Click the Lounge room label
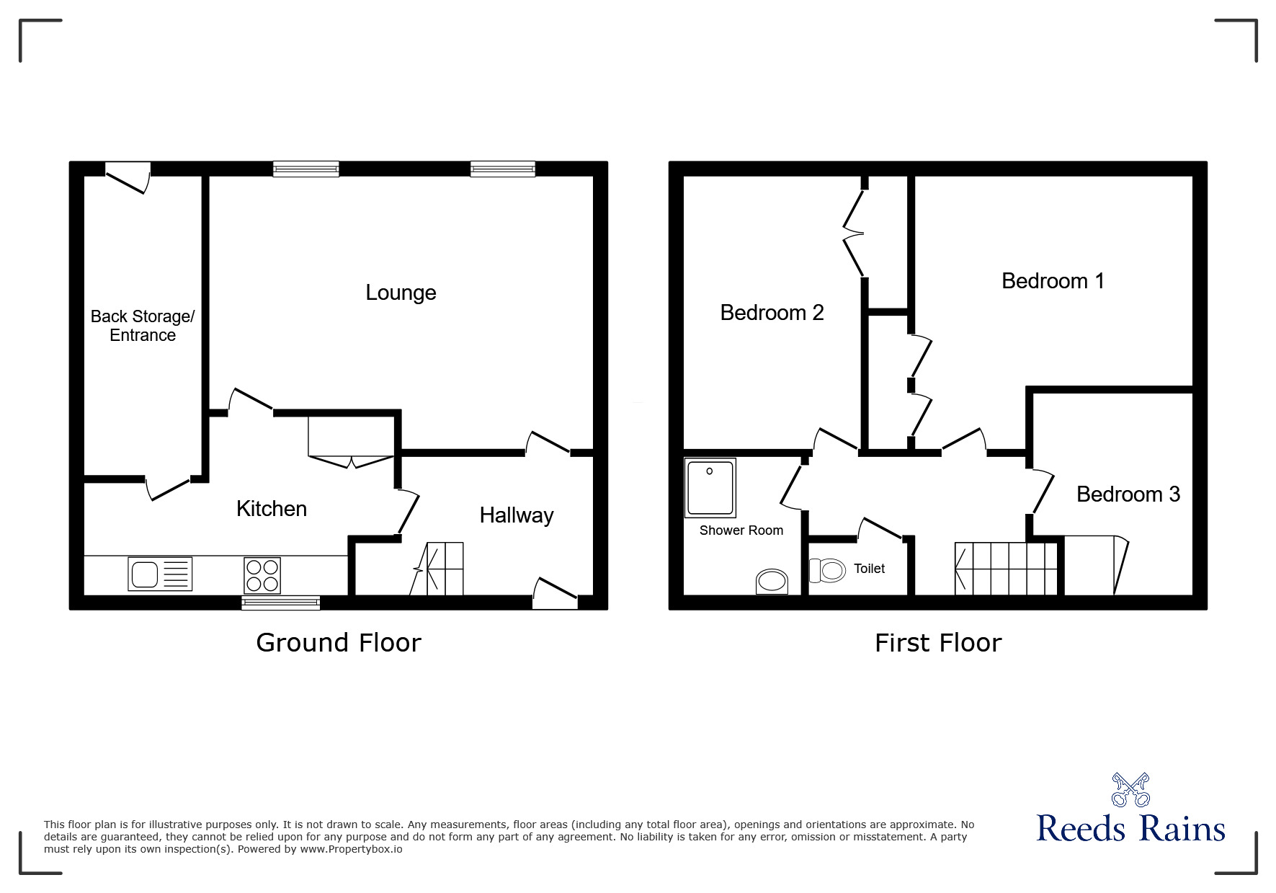(401, 293)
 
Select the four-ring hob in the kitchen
(262, 575)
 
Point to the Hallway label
(517, 515)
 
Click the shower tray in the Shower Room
(710, 488)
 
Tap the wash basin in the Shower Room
(772, 581)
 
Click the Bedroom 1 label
(1053, 281)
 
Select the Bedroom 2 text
(772, 313)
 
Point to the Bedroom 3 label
(1128, 494)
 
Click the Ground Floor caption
(339, 642)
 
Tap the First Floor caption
(938, 643)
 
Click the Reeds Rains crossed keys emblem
(1130, 789)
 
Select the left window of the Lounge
(305, 169)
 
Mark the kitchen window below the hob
(280, 603)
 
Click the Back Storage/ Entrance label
(143, 326)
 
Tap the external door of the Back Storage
(128, 175)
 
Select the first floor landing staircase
(1006, 569)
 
